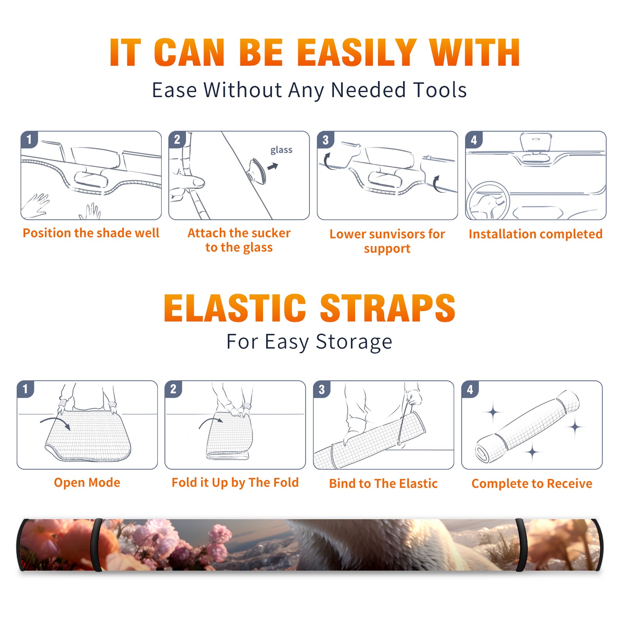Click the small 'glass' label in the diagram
click(x=281, y=150)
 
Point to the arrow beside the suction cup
click(x=273, y=166)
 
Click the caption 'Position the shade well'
click(x=91, y=233)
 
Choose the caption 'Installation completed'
click(x=535, y=234)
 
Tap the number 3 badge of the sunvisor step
click(x=325, y=140)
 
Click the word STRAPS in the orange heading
click(x=388, y=308)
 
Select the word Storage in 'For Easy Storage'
click(x=354, y=342)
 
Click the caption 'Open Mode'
click(x=87, y=482)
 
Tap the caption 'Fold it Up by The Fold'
click(x=235, y=482)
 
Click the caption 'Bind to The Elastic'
click(x=383, y=484)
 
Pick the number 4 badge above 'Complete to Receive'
click(x=470, y=389)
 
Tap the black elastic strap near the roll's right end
click(x=521, y=545)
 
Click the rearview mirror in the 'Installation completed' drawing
click(x=535, y=142)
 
